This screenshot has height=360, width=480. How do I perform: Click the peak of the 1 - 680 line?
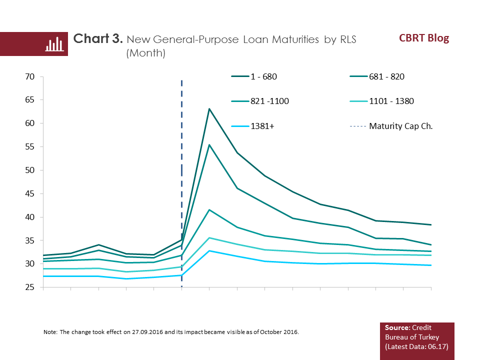[209, 108]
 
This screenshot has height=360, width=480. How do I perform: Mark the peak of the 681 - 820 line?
[209, 144]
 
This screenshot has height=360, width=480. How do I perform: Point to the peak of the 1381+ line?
[209, 250]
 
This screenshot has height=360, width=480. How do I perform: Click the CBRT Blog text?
[424, 38]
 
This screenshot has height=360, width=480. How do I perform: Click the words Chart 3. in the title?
[98, 39]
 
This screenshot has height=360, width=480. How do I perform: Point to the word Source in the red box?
[396, 327]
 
